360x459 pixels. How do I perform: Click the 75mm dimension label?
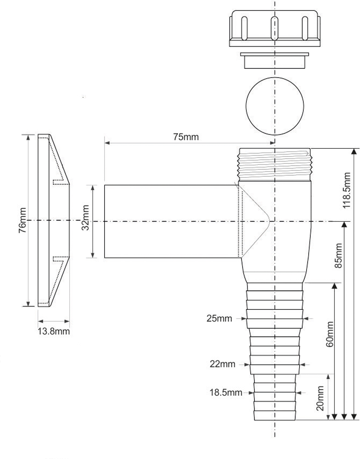[186, 137]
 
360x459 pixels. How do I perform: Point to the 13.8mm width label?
[54, 331]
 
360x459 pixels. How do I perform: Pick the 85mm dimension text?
[339, 256]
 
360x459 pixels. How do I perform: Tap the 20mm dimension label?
[320, 397]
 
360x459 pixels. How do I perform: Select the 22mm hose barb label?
[222, 364]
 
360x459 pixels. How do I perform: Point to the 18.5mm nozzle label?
[225, 392]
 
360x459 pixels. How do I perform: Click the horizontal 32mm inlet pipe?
[170, 221]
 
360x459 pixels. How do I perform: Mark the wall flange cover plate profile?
[53, 220]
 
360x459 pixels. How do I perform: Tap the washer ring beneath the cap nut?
[275, 60]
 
